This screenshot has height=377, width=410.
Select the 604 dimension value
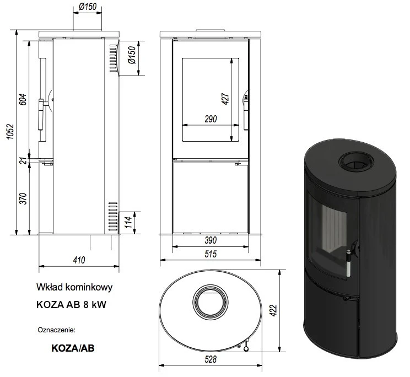pos(23,100)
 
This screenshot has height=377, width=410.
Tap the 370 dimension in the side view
pos(23,199)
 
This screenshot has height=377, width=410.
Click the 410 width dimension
pos(79,261)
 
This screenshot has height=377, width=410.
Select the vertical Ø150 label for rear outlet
pos(131,57)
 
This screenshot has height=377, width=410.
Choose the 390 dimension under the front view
pos(210,240)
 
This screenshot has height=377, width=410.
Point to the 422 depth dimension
pos(287,310)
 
